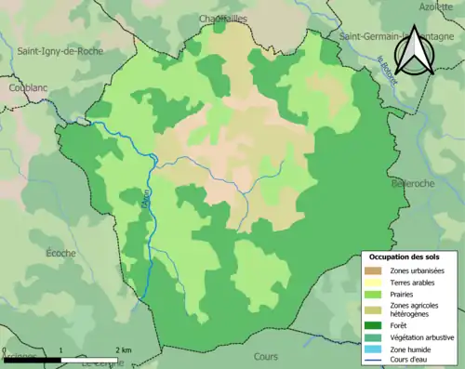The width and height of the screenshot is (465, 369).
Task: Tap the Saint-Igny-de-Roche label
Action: tap(60, 52)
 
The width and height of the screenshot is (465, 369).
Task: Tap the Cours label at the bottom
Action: tap(265, 356)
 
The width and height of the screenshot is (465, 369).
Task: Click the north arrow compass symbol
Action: tap(414, 51)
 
